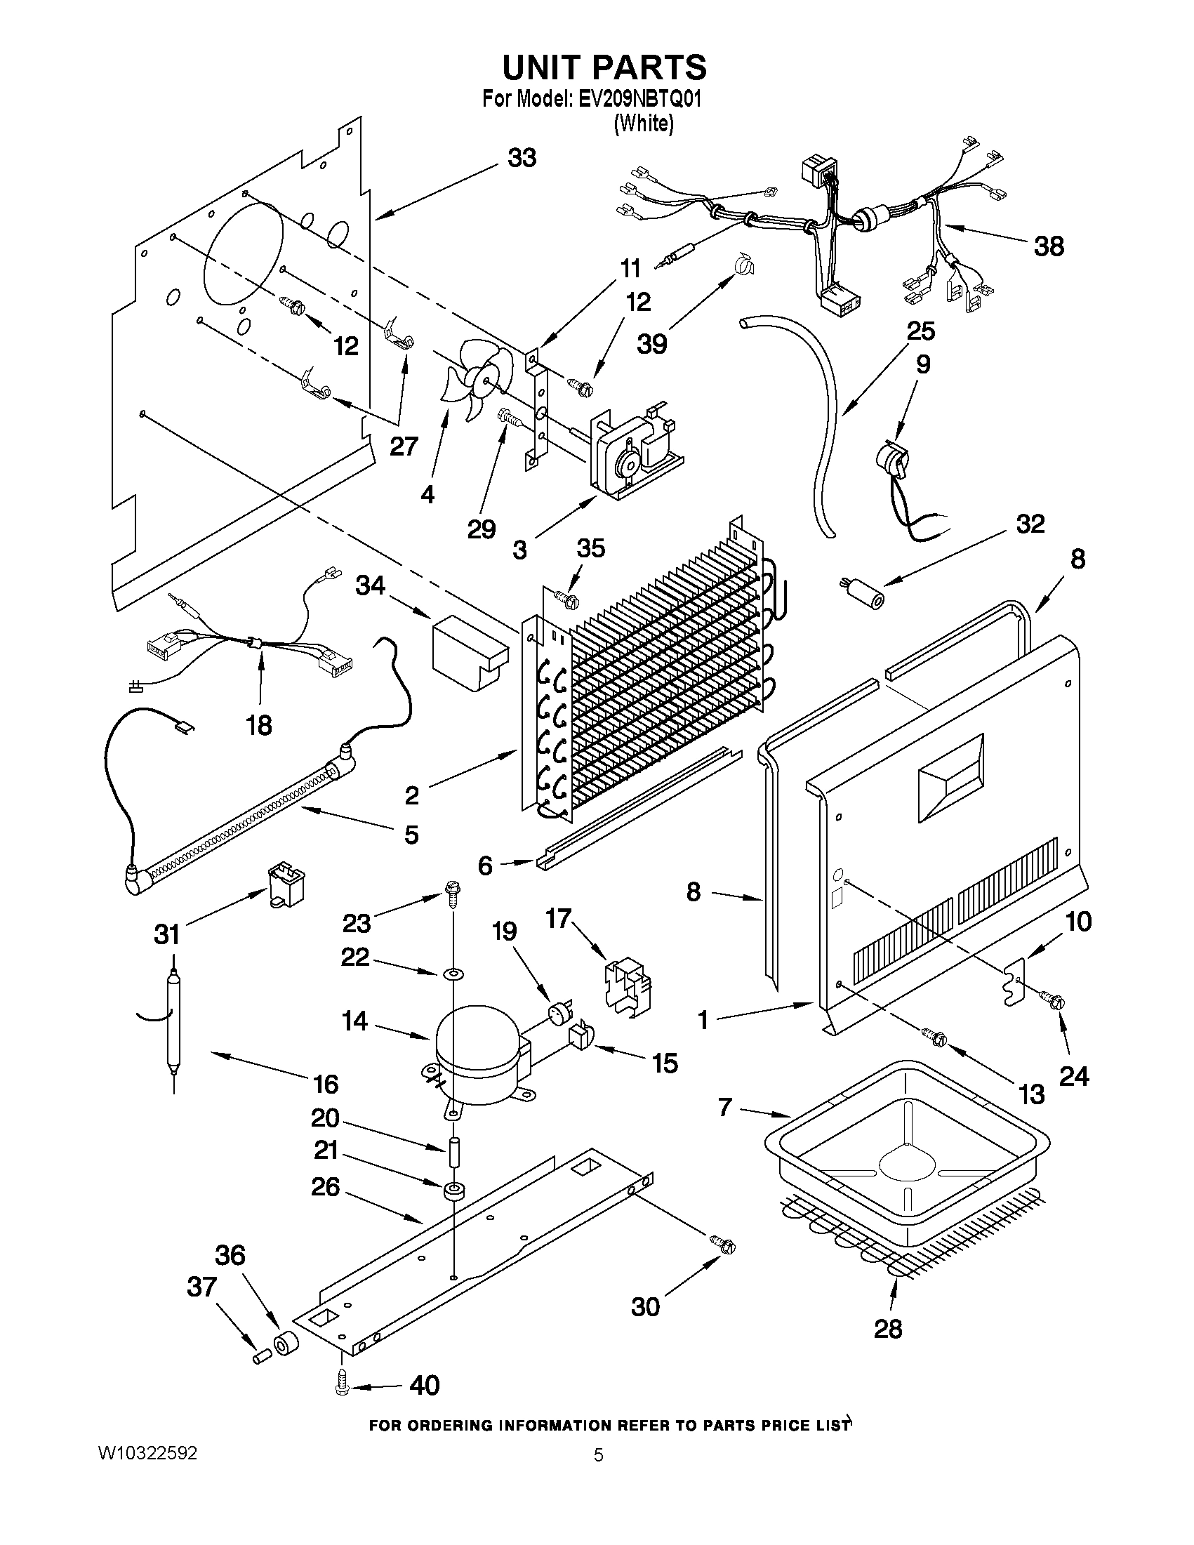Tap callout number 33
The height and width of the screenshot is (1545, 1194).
522,158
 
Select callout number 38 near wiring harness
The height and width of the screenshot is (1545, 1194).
1049,247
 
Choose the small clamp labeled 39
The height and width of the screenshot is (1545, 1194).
743,265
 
